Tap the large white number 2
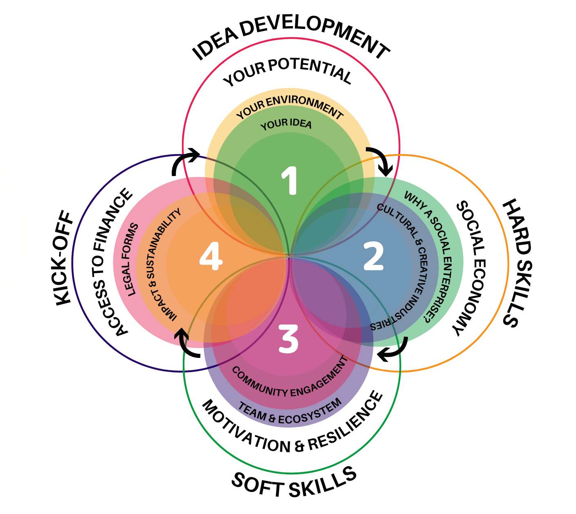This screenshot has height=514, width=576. point(373,256)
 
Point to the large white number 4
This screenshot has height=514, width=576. point(210,257)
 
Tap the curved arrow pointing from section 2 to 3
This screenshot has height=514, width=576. point(395,350)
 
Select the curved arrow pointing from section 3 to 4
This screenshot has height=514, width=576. point(186,344)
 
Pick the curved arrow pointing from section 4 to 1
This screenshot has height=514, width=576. point(184,161)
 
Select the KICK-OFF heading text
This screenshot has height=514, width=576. point(64,259)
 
